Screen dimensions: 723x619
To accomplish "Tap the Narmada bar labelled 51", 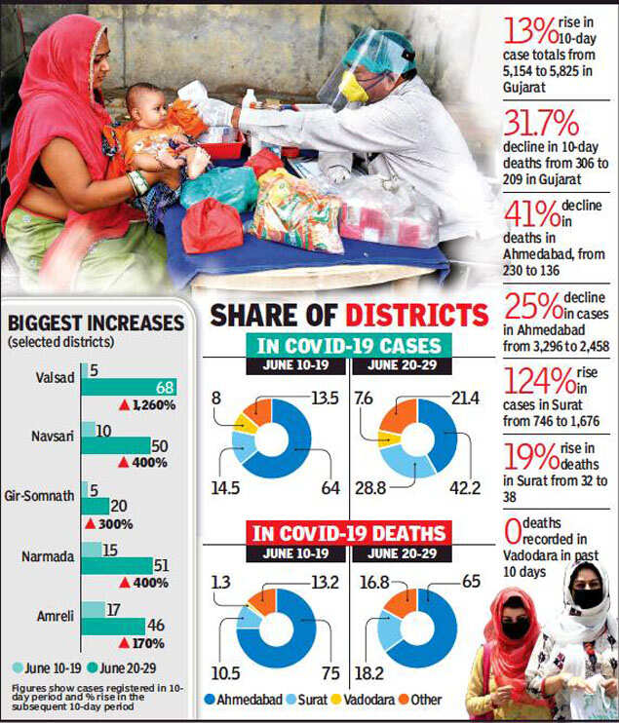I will point(118,565).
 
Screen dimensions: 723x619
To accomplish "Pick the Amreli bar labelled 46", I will point(113,626).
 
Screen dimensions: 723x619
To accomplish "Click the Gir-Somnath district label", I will point(43,495).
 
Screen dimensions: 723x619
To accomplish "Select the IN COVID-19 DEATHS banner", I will point(350,533).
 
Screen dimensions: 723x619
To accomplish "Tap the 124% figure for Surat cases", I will point(535,380).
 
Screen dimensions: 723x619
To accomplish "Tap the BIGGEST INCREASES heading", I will point(96,323).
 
